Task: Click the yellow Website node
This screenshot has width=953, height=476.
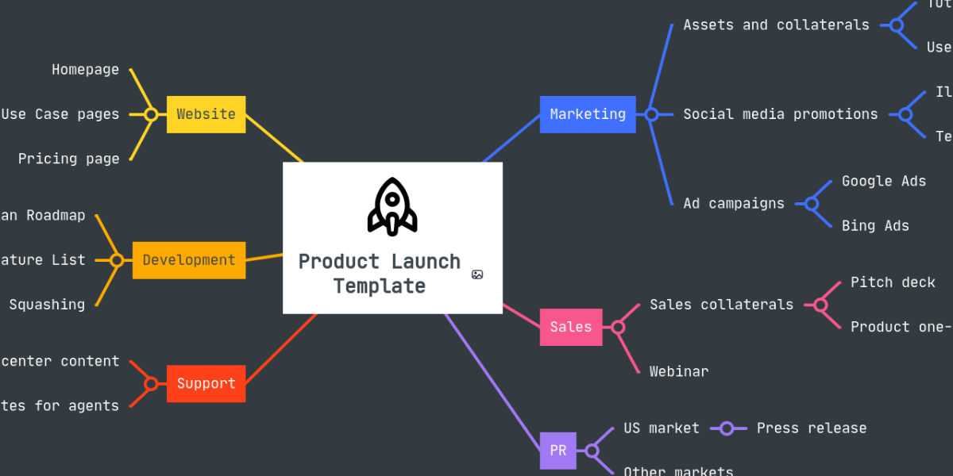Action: [x=206, y=114]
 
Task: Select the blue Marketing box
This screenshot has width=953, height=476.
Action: [x=588, y=114]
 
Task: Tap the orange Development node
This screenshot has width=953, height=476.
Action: [x=189, y=260]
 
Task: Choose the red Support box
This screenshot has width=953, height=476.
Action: [x=206, y=384]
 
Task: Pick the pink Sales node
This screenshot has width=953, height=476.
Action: [x=571, y=327]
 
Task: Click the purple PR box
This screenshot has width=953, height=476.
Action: [x=558, y=451]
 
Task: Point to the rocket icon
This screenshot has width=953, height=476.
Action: [x=392, y=206]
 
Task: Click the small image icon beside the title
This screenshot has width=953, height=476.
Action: [x=477, y=274]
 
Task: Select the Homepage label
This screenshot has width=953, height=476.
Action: [x=86, y=70]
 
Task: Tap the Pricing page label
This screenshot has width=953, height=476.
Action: [x=69, y=159]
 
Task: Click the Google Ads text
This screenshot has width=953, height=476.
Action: [x=884, y=181]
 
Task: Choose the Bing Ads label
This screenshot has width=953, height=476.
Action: [x=875, y=225]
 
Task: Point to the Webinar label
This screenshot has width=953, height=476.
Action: [x=679, y=371]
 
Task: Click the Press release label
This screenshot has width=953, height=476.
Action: [x=812, y=428]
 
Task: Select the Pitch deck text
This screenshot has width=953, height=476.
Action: [x=893, y=282]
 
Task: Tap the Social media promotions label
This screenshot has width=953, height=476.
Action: [x=781, y=114]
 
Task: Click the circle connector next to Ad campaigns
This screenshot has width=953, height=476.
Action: [x=812, y=204]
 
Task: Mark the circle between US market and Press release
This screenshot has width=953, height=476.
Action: [x=727, y=429]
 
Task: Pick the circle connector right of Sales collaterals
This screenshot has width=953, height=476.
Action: [x=821, y=305]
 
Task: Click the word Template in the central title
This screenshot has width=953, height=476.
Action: [x=380, y=286]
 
